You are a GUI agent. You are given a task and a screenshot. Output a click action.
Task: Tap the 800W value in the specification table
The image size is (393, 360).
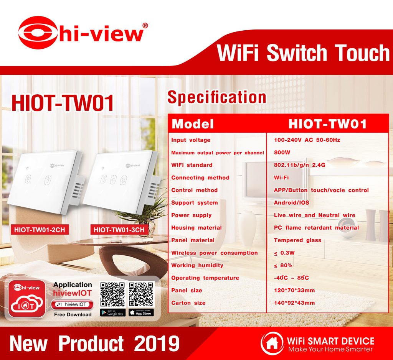(282, 153)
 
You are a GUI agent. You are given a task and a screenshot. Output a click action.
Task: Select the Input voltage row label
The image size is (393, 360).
(191, 140)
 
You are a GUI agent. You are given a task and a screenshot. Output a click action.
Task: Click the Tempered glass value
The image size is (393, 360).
(297, 240)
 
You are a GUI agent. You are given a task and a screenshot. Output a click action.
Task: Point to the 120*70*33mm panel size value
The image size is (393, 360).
(294, 290)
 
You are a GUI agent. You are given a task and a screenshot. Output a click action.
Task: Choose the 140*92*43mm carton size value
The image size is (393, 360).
(294, 303)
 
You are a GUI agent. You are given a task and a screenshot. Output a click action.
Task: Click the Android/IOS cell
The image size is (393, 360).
(292, 203)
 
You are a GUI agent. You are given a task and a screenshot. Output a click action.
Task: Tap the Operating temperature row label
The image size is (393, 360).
(205, 278)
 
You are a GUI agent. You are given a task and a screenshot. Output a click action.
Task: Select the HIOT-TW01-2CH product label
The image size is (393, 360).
(40, 230)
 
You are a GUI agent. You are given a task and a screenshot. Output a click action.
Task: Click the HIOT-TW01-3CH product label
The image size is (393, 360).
(119, 230)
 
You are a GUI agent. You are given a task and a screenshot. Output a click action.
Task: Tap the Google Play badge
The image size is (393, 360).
(112, 313)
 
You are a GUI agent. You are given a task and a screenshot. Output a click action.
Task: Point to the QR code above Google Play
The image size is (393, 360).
(112, 295)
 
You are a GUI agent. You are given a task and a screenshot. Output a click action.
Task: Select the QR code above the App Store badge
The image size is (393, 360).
(141, 295)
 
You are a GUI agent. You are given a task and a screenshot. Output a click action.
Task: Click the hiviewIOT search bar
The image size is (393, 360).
(72, 304)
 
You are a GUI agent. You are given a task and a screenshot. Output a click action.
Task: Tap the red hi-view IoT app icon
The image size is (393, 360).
(27, 299)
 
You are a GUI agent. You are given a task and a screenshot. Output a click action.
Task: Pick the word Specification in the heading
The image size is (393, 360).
(217, 98)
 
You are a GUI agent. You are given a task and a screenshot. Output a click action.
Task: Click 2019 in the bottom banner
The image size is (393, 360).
(157, 344)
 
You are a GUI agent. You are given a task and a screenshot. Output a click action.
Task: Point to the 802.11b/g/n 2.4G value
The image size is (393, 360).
(299, 165)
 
